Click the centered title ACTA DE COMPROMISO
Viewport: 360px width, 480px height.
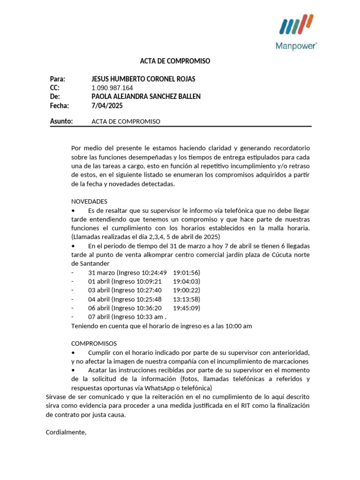(x=175, y=61)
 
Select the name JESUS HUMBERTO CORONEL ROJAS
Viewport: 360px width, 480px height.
(x=143, y=79)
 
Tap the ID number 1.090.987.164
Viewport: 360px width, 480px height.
(x=112, y=88)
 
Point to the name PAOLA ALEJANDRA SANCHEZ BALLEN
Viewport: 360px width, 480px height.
(x=146, y=97)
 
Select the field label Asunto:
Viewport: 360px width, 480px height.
(x=61, y=121)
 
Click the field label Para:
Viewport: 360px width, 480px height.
(x=57, y=79)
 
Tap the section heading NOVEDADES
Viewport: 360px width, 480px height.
(x=89, y=201)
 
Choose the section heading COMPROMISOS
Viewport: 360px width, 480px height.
(x=94, y=344)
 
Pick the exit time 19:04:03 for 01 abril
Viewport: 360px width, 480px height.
(x=186, y=281)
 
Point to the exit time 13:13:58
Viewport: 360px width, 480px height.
(x=186, y=299)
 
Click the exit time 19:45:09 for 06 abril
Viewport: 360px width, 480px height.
(x=186, y=308)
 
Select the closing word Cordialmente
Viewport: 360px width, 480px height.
(x=66, y=433)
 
